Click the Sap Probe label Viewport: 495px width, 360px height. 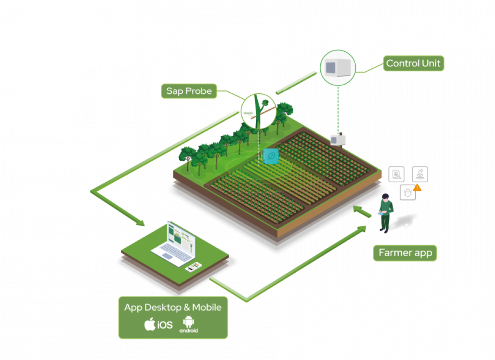(x=189, y=91)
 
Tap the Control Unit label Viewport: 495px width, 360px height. (x=413, y=63)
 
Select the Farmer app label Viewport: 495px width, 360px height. (x=405, y=253)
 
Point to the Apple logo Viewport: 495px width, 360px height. (x=150, y=324)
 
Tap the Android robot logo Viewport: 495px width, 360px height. (x=188, y=322)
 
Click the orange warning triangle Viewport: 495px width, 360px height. (x=418, y=187)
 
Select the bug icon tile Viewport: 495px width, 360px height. (x=407, y=193)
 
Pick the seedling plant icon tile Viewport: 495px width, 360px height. (x=420, y=174)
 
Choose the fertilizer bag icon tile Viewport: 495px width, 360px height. (x=396, y=174)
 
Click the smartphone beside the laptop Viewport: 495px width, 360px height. (x=192, y=266)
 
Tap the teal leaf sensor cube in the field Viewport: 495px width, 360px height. (x=271, y=156)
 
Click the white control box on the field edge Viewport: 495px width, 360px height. (x=338, y=140)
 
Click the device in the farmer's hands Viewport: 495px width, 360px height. (x=381, y=215)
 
